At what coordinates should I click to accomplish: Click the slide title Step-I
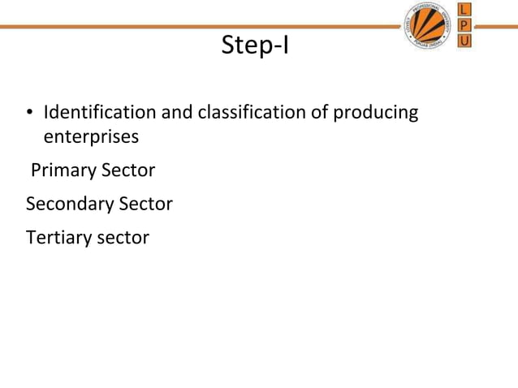point(256,46)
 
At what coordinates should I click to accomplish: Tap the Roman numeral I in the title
point(285,46)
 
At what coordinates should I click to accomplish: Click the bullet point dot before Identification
point(30,113)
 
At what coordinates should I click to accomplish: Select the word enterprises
point(90,136)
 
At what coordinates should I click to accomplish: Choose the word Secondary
point(70,204)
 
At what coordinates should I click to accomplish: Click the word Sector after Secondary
point(146,204)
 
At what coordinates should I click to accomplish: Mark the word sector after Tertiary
point(123,238)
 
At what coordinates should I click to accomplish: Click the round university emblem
point(427,26)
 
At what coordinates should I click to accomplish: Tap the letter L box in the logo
point(464,10)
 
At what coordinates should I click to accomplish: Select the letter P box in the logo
point(464,24)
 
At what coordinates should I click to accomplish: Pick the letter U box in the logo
point(464,40)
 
